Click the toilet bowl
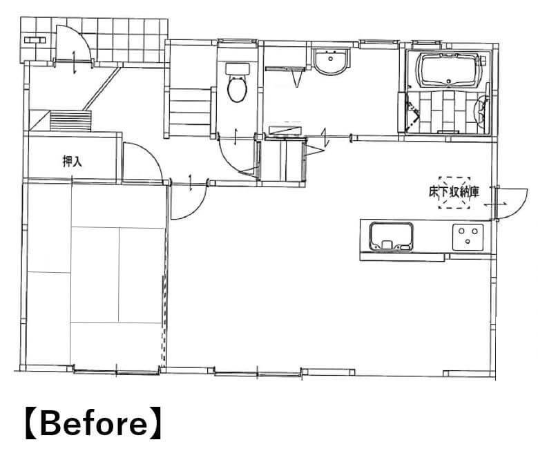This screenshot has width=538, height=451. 237,89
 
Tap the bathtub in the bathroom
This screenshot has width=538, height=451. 448,70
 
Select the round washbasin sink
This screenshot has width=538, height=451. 330,61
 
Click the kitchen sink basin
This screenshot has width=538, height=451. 391,236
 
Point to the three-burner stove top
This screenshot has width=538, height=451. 468,237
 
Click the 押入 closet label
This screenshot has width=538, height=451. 73,161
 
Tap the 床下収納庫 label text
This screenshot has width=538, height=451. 454,192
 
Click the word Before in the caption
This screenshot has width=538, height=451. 94,423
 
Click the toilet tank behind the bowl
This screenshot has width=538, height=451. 237,68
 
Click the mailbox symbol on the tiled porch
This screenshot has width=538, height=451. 35,40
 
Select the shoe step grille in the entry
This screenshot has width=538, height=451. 71,121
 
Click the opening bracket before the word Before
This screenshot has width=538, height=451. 32,423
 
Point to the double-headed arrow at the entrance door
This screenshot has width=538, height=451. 75,61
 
